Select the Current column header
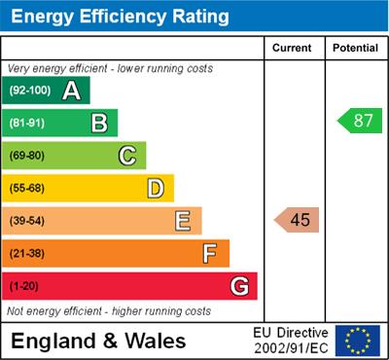[x=292, y=48]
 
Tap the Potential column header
[x=355, y=48]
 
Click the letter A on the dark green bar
[x=71, y=90]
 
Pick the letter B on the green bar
[x=99, y=123]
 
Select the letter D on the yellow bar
[x=156, y=188]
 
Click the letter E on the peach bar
[x=183, y=221]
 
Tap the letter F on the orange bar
[x=210, y=253]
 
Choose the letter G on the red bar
[x=239, y=286]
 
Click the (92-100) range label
[x=29, y=90]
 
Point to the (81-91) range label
[x=28, y=123]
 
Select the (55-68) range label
[x=28, y=188]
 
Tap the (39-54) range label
[x=28, y=221]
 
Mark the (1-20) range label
[x=25, y=286]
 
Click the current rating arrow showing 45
[x=297, y=220]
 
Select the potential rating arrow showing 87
[x=360, y=122]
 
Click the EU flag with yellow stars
[x=358, y=340]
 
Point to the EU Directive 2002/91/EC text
[x=292, y=340]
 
